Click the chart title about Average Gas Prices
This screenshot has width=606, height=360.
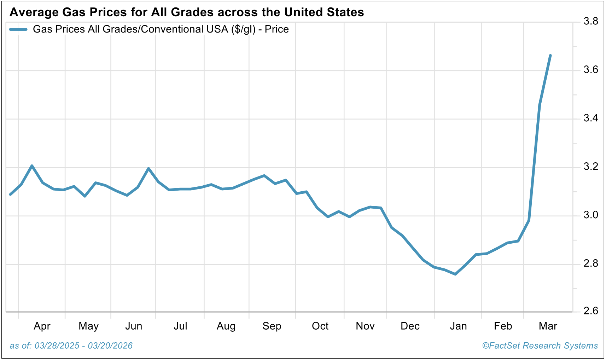pyautogui.click(x=187, y=12)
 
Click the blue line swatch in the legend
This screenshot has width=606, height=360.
pyautogui.click(x=18, y=29)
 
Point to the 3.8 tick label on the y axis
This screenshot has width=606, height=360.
pyautogui.click(x=591, y=22)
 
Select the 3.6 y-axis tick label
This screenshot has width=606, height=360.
pyautogui.click(x=591, y=70)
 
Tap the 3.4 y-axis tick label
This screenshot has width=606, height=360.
pyautogui.click(x=591, y=118)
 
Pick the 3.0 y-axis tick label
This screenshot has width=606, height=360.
pyautogui.click(x=591, y=215)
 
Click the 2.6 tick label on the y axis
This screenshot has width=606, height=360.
pyautogui.click(x=591, y=311)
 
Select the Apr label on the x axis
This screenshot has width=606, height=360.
pyautogui.click(x=42, y=326)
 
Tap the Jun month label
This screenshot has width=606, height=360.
pyautogui.click(x=134, y=326)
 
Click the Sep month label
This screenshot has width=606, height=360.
pyautogui.click(x=272, y=326)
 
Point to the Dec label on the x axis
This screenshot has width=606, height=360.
pyautogui.click(x=410, y=326)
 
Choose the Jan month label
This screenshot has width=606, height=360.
pyautogui.click(x=458, y=326)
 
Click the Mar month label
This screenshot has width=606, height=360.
pyautogui.click(x=548, y=326)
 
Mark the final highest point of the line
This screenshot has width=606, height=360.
pyautogui.click(x=550, y=56)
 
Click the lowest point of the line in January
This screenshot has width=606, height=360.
pyautogui.click(x=455, y=274)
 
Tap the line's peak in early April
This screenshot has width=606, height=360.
pyautogui.click(x=32, y=166)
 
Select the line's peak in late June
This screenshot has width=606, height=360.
pyautogui.click(x=148, y=168)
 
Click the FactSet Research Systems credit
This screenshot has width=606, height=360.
pyautogui.click(x=540, y=346)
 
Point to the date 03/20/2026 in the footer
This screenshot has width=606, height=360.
pyautogui.click(x=110, y=346)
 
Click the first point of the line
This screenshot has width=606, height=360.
pyautogui.click(x=10, y=194)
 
